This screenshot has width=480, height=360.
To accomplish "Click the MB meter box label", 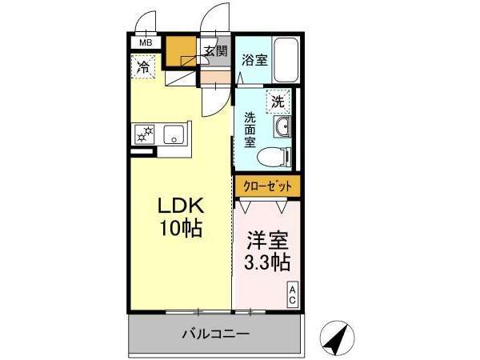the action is (x=146, y=43).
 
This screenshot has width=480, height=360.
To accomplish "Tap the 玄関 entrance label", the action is (x=216, y=51).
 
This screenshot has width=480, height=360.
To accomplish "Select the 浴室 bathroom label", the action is (x=254, y=60).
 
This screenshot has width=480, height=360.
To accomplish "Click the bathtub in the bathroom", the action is (x=286, y=60).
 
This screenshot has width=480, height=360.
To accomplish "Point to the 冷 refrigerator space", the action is (x=143, y=66).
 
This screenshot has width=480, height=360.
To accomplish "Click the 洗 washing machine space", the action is (x=278, y=102).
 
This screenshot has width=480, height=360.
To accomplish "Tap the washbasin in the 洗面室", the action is (x=282, y=126).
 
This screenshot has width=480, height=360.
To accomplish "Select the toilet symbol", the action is (x=273, y=157).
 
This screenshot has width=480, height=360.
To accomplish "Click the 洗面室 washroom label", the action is (x=250, y=130).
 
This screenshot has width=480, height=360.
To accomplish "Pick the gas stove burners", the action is (x=145, y=134).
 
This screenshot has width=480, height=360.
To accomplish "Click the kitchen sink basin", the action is (x=174, y=134).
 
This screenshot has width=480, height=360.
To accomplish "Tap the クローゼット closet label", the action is (x=267, y=186).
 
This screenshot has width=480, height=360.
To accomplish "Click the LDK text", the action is (x=181, y=206).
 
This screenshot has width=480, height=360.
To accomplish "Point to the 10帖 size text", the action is (x=181, y=228).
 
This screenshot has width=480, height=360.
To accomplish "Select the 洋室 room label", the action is (x=268, y=240).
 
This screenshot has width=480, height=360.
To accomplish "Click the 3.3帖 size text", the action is (x=267, y=262).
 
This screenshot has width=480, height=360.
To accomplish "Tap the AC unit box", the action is (x=292, y=294).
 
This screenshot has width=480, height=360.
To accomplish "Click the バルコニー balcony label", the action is (x=216, y=334).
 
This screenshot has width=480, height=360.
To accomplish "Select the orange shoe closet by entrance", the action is (x=181, y=51).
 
